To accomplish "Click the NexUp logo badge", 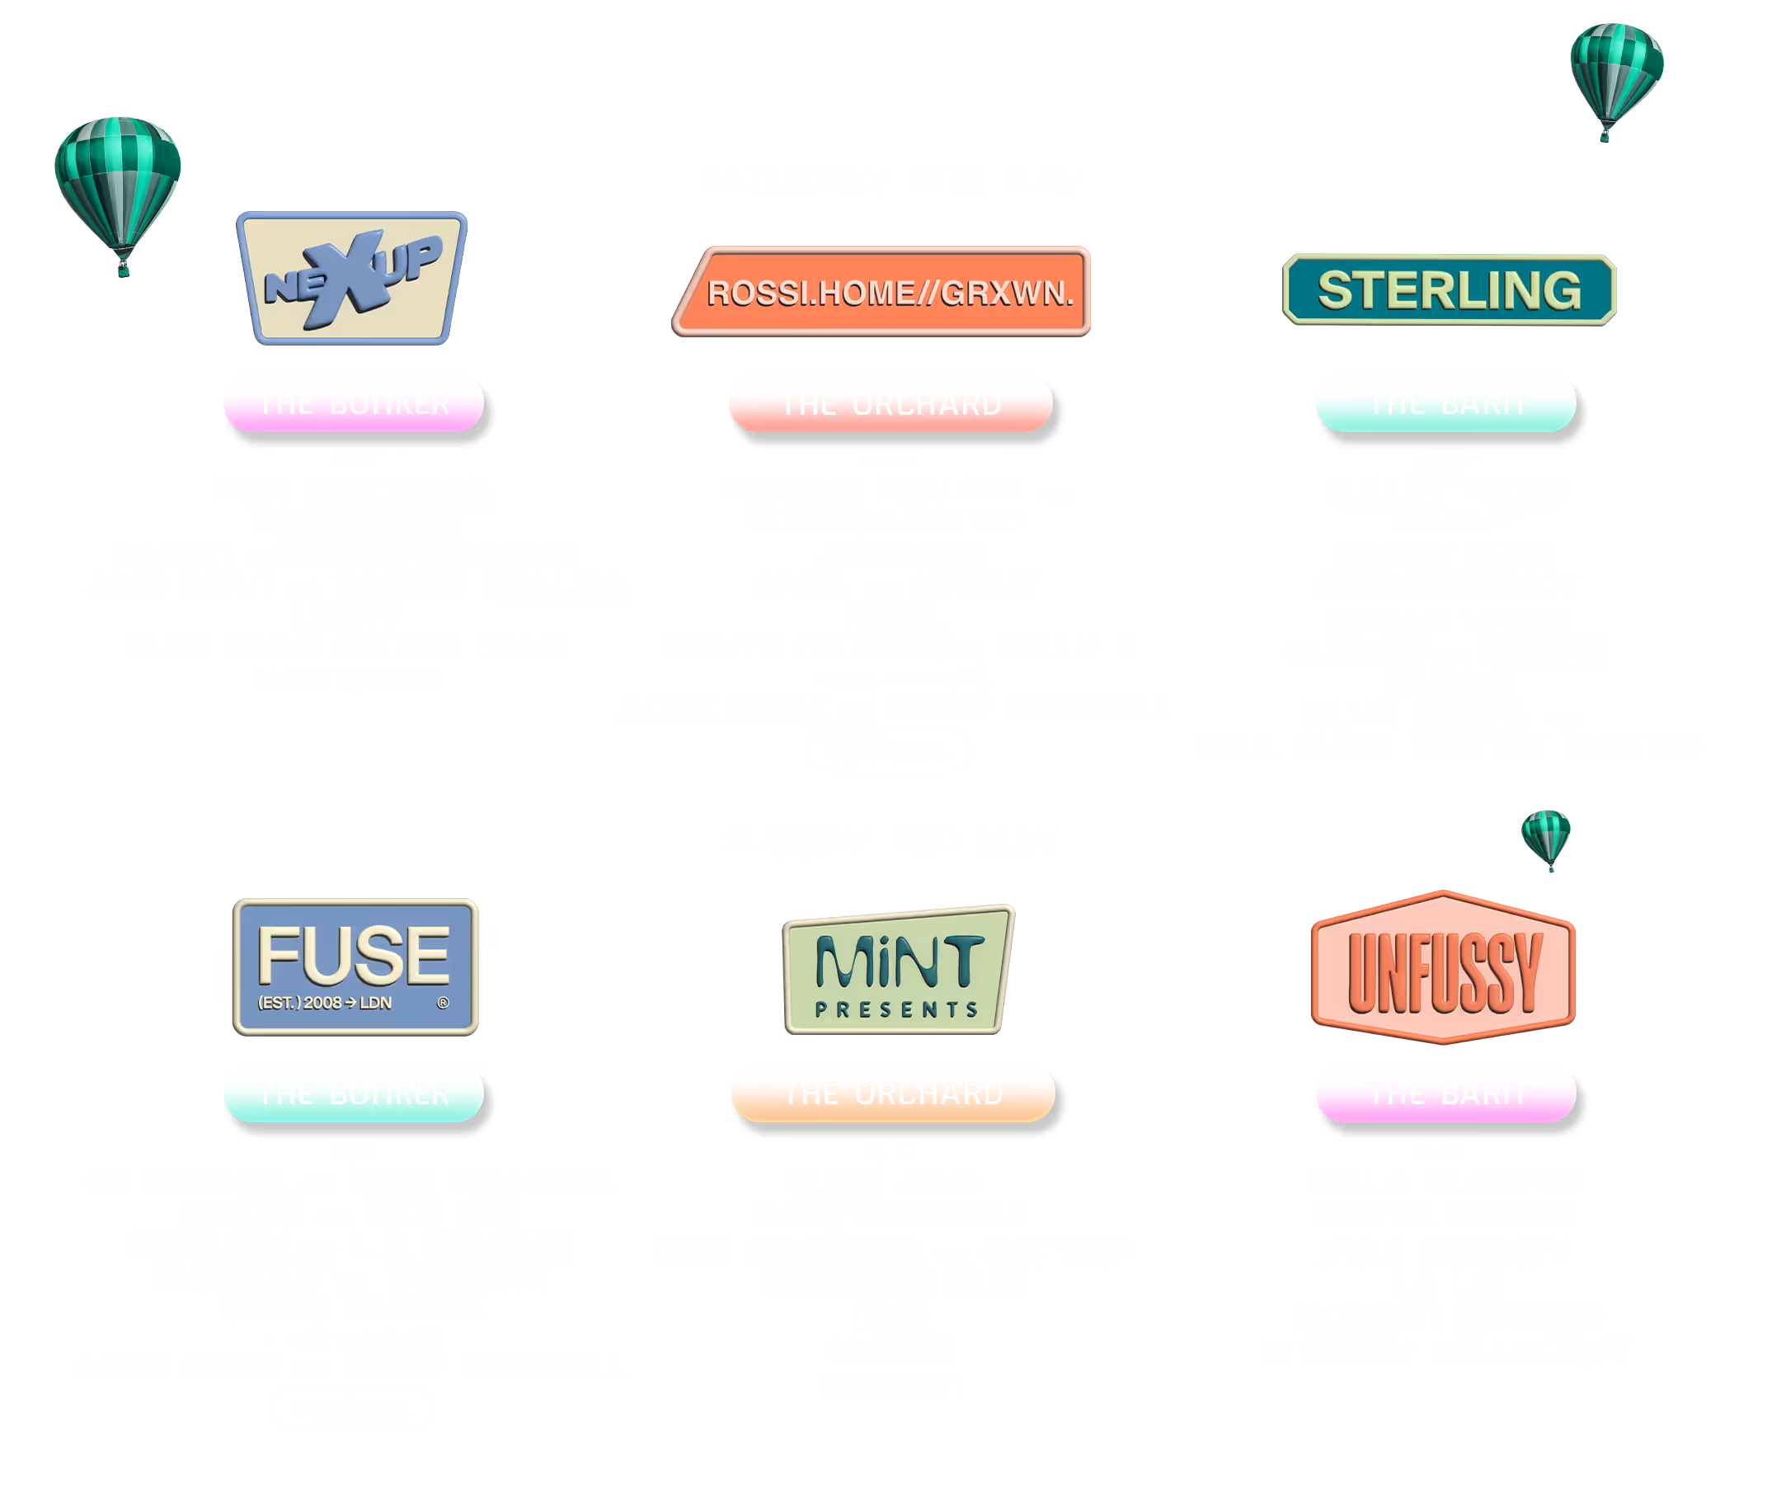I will click(x=351, y=278).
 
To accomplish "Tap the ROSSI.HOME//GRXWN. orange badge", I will click(x=882, y=292).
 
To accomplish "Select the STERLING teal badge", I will click(x=1448, y=290).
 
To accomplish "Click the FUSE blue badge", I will click(x=355, y=966).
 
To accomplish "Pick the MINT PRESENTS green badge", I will click(x=897, y=971).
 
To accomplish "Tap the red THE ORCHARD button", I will click(x=889, y=405).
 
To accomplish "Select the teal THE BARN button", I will click(x=1445, y=405).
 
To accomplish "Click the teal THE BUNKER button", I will click(x=353, y=1094).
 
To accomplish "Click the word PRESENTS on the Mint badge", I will click(x=896, y=1009).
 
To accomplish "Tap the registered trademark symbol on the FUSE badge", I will click(x=442, y=1003).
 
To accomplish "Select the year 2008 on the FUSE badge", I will click(x=322, y=1004).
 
